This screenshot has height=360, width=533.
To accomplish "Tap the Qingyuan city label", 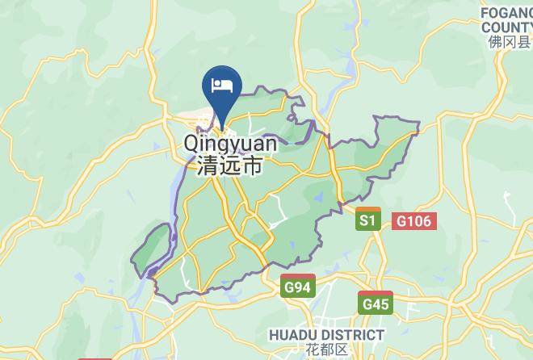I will tap(230, 144).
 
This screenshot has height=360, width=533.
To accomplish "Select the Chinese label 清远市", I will tap(230, 167).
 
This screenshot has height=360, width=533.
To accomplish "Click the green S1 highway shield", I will tap(368, 220).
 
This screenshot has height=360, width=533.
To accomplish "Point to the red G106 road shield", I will tap(416, 220).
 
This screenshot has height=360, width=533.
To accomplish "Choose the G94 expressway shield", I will tap(299, 287).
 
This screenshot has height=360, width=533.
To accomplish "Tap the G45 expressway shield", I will tap(376, 304).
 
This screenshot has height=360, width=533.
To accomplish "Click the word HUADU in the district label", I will tap(293, 334).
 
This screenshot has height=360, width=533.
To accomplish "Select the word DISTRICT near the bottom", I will tap(353, 334).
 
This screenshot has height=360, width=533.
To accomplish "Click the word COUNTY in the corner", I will tap(506, 27).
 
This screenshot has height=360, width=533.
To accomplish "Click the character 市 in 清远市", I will tap(253, 167).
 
